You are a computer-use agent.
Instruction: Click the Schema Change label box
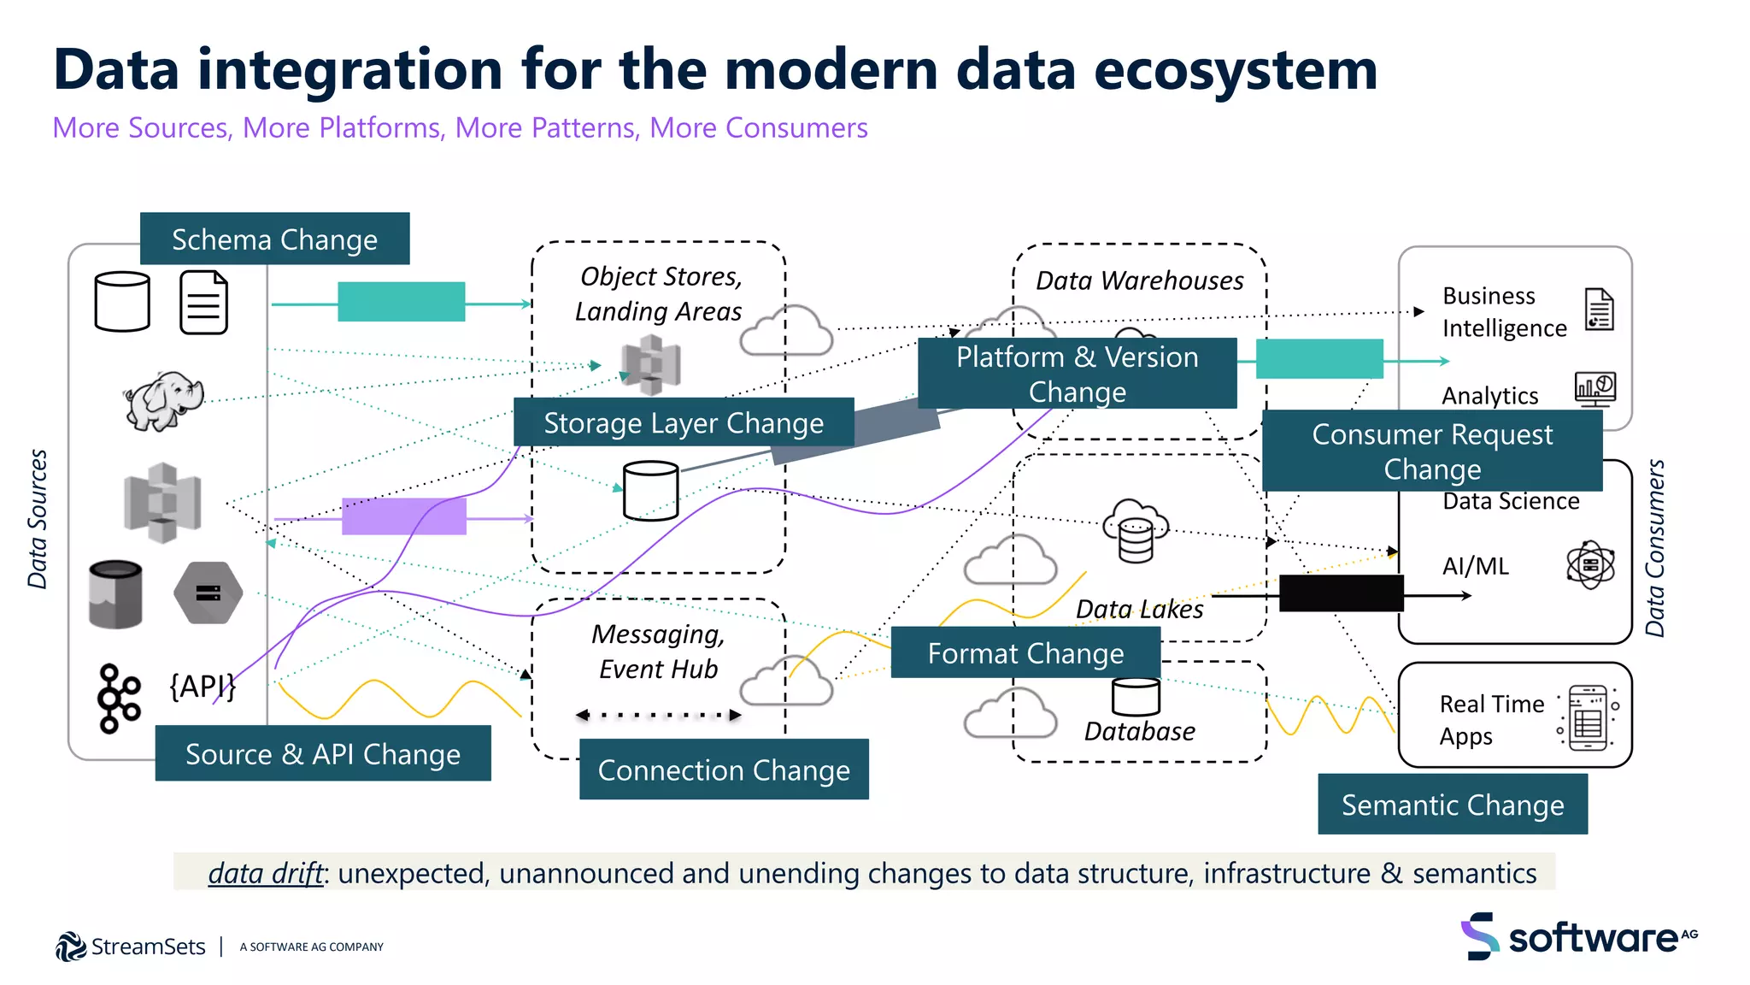pyautogui.click(x=274, y=239)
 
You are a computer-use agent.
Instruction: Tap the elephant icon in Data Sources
pyautogui.click(x=163, y=399)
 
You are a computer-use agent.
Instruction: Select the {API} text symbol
pyautogui.click(x=203, y=686)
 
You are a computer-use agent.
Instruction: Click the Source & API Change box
pyautogui.click(x=323, y=753)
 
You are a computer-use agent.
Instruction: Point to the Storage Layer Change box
pyautogui.click(x=684, y=422)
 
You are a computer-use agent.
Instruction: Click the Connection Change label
pyautogui.click(x=724, y=770)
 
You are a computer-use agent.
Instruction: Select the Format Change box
pyautogui.click(x=1025, y=653)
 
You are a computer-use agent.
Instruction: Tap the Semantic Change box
pyautogui.click(x=1453, y=805)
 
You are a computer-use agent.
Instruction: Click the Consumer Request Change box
pyautogui.click(x=1432, y=451)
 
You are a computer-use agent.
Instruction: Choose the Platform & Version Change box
pyautogui.click(x=1077, y=374)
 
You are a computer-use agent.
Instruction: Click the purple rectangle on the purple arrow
pyautogui.click(x=403, y=516)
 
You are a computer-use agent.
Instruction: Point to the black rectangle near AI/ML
pyautogui.click(x=1341, y=593)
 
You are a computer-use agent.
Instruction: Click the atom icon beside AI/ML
pyautogui.click(x=1590, y=565)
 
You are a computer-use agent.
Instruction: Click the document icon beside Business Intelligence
pyautogui.click(x=1599, y=310)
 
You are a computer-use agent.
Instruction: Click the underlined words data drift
pyautogui.click(x=266, y=873)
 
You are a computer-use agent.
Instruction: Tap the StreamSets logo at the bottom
pyautogui.click(x=131, y=947)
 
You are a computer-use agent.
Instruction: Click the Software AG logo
pyautogui.click(x=1579, y=937)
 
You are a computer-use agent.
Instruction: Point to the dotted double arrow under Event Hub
pyautogui.click(x=659, y=715)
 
